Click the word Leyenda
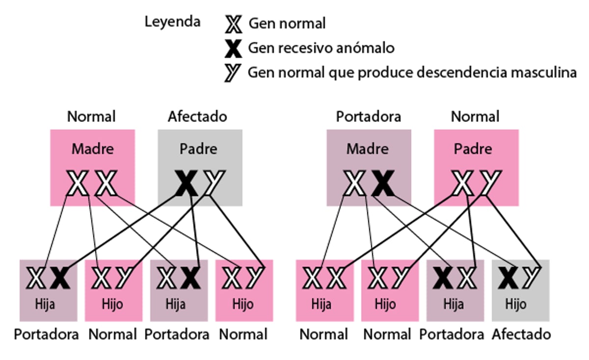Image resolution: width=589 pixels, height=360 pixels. click(172, 22)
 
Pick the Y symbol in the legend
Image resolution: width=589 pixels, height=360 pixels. click(233, 73)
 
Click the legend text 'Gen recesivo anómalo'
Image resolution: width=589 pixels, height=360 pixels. click(321, 48)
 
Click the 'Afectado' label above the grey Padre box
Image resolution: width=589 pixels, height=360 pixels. click(197, 117)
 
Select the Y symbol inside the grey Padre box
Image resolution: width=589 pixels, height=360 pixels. click(214, 183)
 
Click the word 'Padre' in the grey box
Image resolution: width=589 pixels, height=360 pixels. click(198, 149)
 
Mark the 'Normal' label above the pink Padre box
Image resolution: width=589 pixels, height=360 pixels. click(475, 117)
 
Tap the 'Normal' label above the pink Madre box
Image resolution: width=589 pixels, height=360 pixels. click(91, 117)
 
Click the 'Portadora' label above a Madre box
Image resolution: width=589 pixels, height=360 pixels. click(368, 117)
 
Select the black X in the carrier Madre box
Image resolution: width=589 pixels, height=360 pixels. click(383, 183)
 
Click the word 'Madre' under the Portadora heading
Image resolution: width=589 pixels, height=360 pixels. click(368, 149)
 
